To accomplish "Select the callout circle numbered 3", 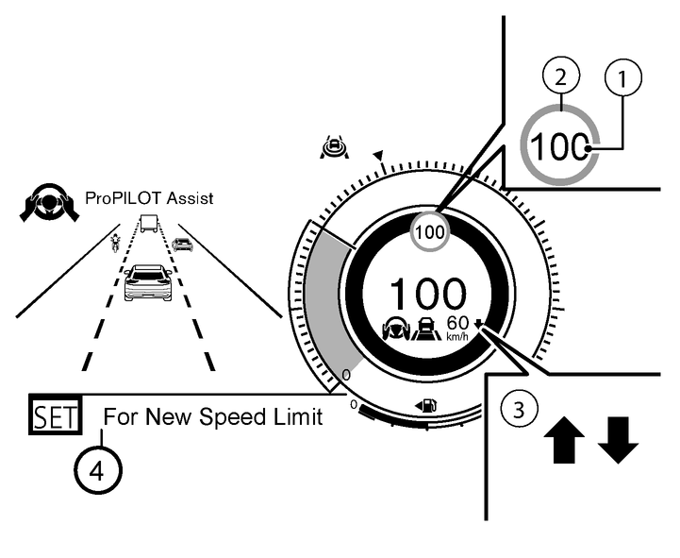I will pos(515,411).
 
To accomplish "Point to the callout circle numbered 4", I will pos(97,469).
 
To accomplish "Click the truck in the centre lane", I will pos(148,224).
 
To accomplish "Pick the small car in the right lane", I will pos(182,245).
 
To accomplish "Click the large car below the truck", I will pos(148,282).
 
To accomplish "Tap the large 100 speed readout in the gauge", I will pos(427,295).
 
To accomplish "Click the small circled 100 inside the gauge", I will pos(429,231).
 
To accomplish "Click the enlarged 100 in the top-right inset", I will pos(559,148).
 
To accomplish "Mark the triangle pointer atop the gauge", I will pos(378,154).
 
